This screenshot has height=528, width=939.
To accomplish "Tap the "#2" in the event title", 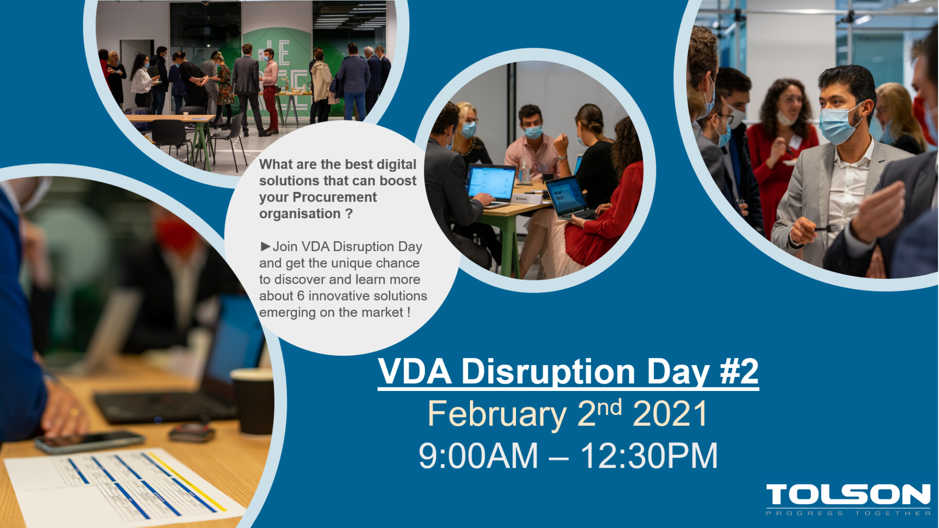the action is pyautogui.click(x=739, y=371).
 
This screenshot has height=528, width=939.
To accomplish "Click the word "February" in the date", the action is pyautogui.click(x=497, y=415).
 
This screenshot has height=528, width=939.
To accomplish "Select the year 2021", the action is pyautogui.click(x=670, y=413).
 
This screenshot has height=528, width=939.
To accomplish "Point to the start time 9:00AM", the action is pyautogui.click(x=478, y=456).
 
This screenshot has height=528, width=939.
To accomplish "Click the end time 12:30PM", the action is pyautogui.click(x=649, y=456).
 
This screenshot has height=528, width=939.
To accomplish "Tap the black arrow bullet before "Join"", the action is pyautogui.click(x=265, y=246).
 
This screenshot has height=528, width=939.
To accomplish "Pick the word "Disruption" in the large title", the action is pyautogui.click(x=548, y=371).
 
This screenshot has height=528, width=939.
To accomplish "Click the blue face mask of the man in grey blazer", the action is pyautogui.click(x=838, y=125).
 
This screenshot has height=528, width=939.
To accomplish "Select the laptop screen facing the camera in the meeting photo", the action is pyautogui.click(x=492, y=183).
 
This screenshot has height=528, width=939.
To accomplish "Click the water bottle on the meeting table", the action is pyautogui.click(x=524, y=172).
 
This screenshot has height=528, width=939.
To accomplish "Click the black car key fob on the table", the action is pyautogui.click(x=192, y=432).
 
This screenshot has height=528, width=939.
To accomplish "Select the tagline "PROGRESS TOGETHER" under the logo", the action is pyautogui.click(x=848, y=513).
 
